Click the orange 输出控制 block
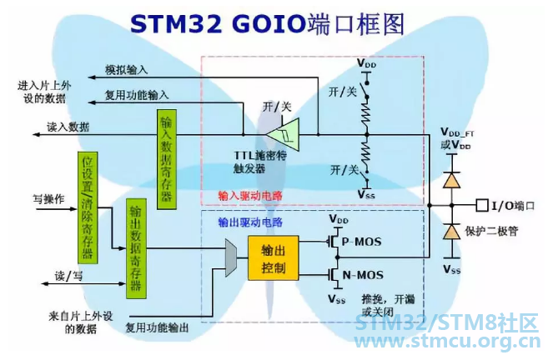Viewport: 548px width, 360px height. tap(274, 258)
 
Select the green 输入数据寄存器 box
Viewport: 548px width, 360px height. tap(167, 159)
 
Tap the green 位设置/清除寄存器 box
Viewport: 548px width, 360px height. tap(88, 207)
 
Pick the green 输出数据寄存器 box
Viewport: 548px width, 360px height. tap(136, 248)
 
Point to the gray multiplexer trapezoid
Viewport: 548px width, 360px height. tap(231, 258)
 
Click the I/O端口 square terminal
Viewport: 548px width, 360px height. tap(481, 205)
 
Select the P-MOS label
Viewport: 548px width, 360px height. tap(361, 242)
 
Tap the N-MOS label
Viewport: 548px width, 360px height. tap(363, 275)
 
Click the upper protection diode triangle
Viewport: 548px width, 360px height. tap(451, 181)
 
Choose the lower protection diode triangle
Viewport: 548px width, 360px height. tap(451, 232)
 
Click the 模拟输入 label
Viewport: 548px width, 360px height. tap(127, 70)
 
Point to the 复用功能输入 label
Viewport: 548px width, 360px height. tap(137, 95)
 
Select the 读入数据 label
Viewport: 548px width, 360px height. tap(68, 127)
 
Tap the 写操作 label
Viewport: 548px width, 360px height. tap(48, 199)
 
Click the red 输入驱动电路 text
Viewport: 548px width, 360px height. tap(250, 196)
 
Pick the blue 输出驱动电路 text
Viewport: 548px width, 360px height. tap(250, 222)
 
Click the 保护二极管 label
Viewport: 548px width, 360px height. tap(491, 231)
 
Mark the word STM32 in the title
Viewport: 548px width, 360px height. tap(176, 23)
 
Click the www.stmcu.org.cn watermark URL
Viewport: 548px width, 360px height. tap(447, 341)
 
